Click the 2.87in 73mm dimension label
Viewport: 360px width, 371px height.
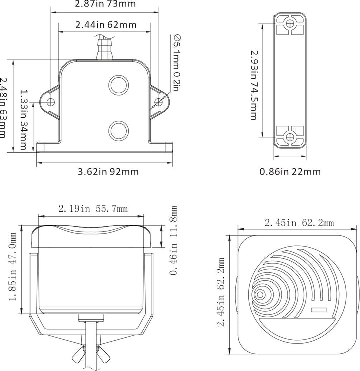click(x=105, y=4)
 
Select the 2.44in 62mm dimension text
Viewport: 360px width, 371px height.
click(x=106, y=25)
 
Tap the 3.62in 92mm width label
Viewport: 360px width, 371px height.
click(x=108, y=172)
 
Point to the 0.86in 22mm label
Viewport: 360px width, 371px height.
click(x=290, y=172)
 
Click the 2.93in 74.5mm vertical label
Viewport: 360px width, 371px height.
click(x=254, y=85)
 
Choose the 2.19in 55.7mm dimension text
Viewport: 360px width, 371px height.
click(x=93, y=209)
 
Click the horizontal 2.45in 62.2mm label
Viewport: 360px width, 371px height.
click(x=299, y=223)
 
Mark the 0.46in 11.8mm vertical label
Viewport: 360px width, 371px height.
click(x=173, y=240)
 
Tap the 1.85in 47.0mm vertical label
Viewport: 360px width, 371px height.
click(x=13, y=267)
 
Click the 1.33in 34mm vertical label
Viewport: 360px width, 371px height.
click(x=23, y=119)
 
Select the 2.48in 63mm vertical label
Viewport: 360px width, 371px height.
click(x=3, y=108)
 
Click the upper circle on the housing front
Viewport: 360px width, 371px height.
click(x=118, y=85)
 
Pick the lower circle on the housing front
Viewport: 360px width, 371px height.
click(x=118, y=131)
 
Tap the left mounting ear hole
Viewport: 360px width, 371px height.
click(x=51, y=102)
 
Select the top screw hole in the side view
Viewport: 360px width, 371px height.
click(x=290, y=23)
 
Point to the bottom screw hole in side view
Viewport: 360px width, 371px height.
click(x=290, y=137)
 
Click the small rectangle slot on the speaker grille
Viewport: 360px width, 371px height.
click(x=319, y=310)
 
